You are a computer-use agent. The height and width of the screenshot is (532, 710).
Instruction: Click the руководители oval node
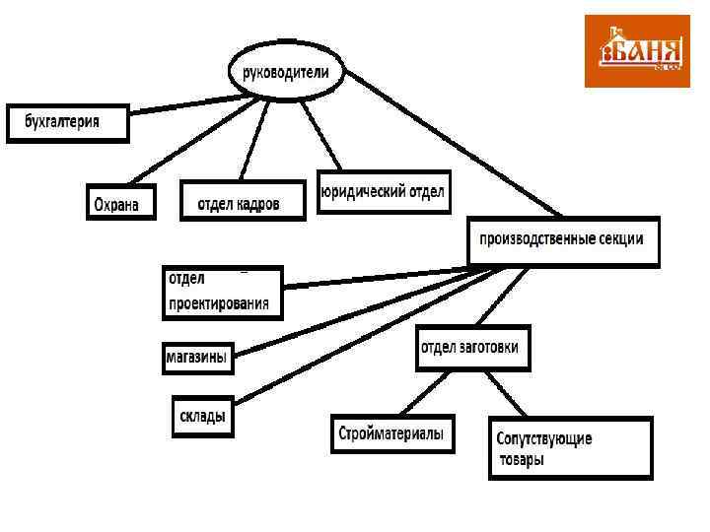pyautogui.click(x=286, y=72)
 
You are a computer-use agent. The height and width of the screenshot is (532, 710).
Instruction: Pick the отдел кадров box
pyautogui.click(x=243, y=201)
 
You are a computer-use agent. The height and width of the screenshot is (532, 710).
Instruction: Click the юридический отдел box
pyautogui.click(x=384, y=191)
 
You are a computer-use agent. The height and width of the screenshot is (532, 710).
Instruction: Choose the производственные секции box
pyautogui.click(x=563, y=240)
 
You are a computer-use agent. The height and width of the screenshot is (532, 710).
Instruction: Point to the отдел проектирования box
pyautogui.click(x=222, y=293)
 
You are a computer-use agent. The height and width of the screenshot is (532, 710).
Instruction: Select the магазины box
pyautogui.click(x=197, y=357)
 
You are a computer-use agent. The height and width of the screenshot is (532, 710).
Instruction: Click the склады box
pyautogui.click(x=202, y=415)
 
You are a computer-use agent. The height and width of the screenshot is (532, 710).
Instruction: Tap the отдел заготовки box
pyautogui.click(x=473, y=348)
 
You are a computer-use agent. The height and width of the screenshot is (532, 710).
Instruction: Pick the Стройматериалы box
pyautogui.click(x=391, y=433)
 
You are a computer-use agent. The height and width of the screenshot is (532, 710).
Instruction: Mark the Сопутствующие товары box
pyautogui.click(x=570, y=448)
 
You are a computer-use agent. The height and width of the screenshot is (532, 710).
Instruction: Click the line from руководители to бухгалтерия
pyautogui.click(x=182, y=104)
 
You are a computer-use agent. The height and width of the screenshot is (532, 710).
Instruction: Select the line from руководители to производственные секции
pyautogui.click(x=454, y=148)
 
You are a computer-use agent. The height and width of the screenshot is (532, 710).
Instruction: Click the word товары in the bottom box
pyautogui.click(x=523, y=460)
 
